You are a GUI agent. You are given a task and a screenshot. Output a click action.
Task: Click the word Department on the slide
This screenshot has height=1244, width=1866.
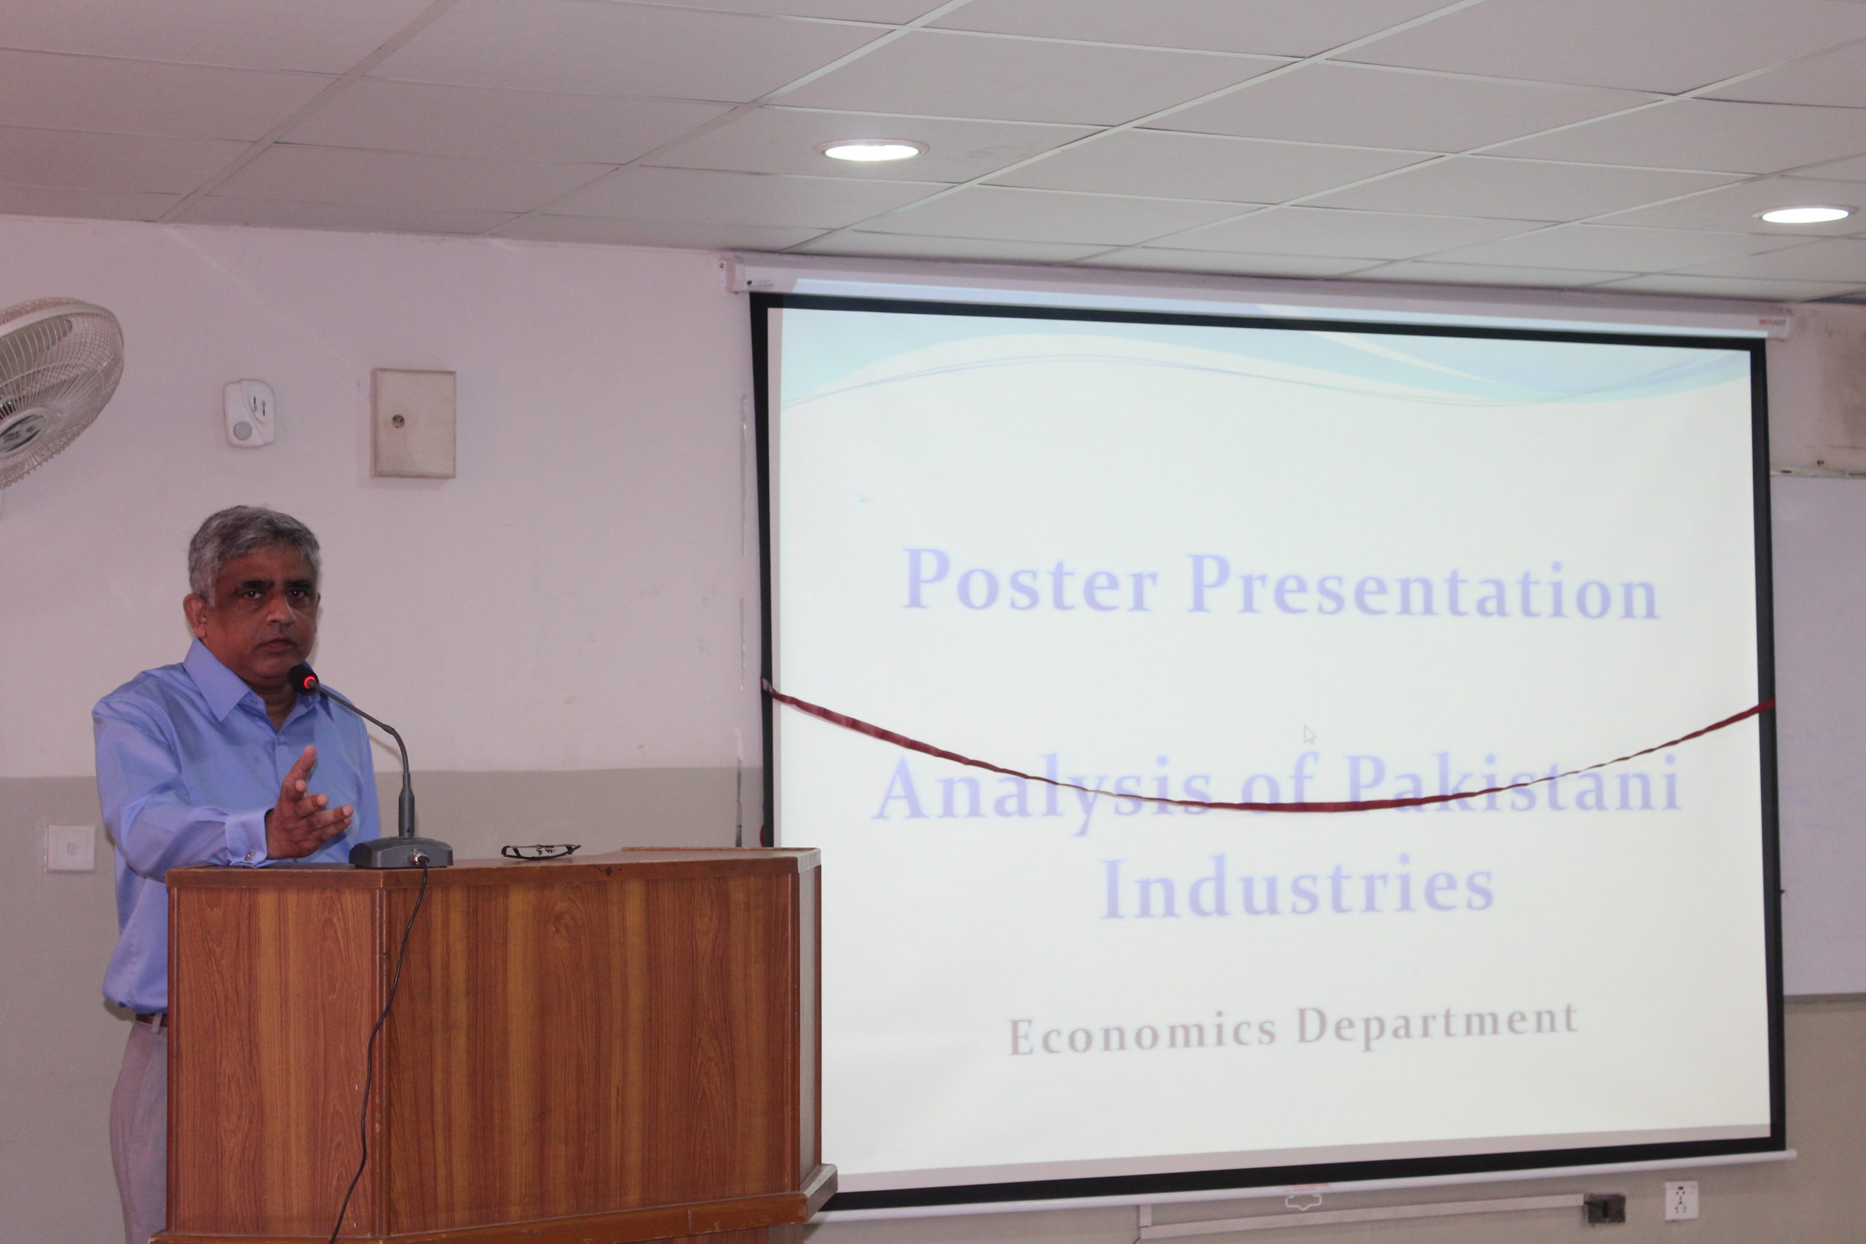coord(1437,1023)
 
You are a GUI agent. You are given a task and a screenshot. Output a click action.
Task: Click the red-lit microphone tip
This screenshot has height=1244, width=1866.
coord(303,678)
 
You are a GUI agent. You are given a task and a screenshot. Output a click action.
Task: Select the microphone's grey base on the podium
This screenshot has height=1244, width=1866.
coord(401,852)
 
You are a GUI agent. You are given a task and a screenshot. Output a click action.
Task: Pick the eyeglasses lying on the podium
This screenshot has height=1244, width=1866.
coord(540,850)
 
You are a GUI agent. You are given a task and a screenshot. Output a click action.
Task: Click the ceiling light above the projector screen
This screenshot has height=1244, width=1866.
coord(871,150)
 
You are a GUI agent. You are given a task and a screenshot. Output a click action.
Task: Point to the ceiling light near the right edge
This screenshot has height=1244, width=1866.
coord(1806,214)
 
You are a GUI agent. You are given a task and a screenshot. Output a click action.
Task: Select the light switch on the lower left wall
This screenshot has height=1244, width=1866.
coord(70,848)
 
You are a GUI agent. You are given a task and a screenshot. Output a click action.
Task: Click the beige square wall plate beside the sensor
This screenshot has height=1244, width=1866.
coord(413,423)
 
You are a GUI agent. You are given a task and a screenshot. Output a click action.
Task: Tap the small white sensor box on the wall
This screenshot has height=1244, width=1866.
coord(249,412)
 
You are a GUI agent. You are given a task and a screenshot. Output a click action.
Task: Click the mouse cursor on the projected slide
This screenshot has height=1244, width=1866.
coord(1308,735)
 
